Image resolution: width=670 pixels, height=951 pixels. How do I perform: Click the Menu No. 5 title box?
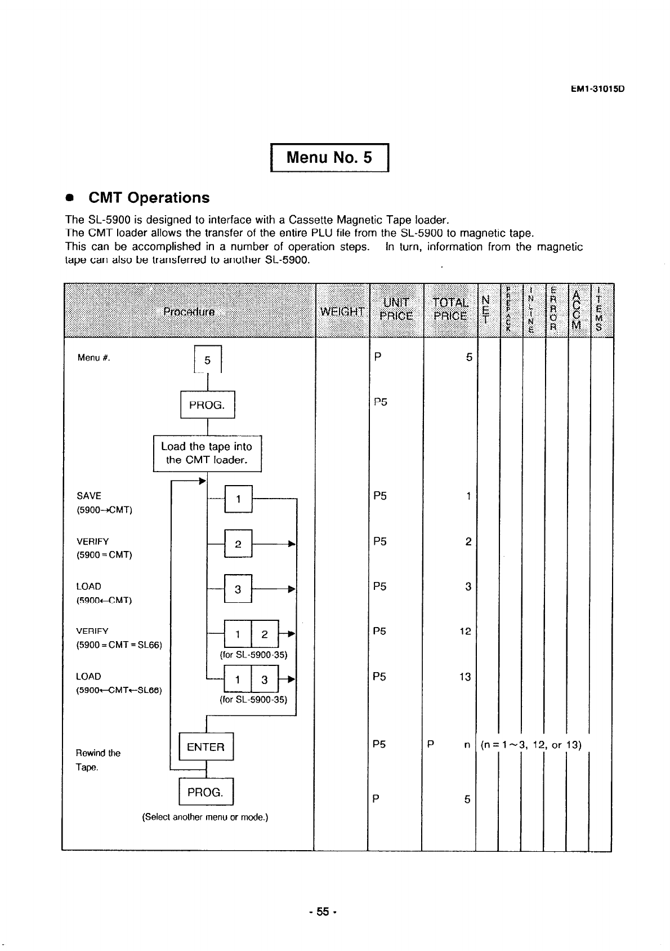(330, 157)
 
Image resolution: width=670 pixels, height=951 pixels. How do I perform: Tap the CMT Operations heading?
(149, 198)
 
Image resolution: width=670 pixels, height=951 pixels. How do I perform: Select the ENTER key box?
(206, 747)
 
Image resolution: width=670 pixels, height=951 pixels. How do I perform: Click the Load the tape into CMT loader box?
(207, 453)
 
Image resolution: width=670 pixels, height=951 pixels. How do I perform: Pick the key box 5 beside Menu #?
(207, 361)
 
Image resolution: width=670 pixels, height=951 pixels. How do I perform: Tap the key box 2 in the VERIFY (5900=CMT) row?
(238, 544)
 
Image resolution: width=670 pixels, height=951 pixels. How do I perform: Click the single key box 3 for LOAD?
(238, 589)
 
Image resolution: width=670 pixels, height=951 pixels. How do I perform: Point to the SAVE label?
(89, 496)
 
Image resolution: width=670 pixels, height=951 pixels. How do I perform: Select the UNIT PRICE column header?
(396, 309)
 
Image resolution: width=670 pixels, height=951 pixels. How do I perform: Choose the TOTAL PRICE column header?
(450, 309)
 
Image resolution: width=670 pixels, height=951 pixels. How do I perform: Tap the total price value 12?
(464, 632)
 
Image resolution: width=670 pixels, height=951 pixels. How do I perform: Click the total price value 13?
(464, 677)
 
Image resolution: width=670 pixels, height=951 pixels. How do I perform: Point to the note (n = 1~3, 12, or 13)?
(531, 745)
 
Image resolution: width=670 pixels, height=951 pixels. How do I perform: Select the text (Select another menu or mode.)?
(205, 817)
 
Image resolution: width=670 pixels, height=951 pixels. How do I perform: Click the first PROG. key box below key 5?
(207, 405)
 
